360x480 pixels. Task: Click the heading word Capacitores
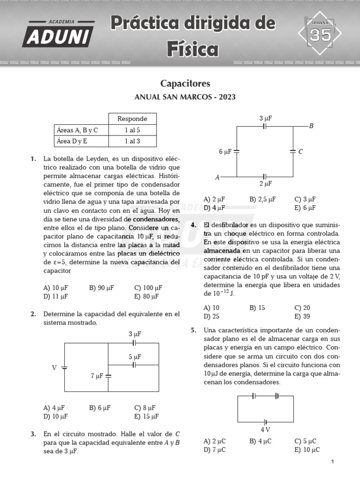tap(185, 83)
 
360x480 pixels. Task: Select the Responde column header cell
tap(132, 119)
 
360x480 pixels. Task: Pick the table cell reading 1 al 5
tap(132, 130)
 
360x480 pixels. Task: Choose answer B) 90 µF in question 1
tap(101, 288)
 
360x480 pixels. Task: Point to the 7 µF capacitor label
tap(97, 376)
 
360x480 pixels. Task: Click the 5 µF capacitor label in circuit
tap(135, 357)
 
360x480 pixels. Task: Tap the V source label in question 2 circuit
tap(54, 368)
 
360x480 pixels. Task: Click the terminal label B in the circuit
tap(311, 126)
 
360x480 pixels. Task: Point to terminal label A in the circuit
tap(217, 178)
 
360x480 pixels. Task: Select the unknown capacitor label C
tap(300, 151)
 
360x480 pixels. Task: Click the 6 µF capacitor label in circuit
tap(225, 151)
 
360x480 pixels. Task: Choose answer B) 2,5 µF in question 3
tap(262, 199)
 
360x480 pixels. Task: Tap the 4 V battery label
tap(265, 429)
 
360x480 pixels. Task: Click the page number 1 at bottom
tap(332, 462)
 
